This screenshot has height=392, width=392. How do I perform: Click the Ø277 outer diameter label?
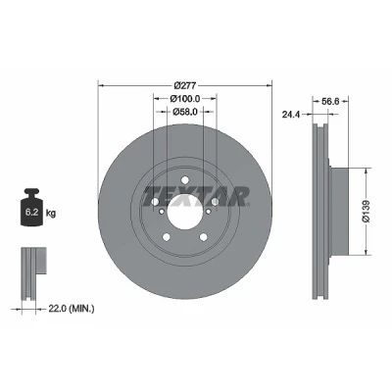coord(185,85)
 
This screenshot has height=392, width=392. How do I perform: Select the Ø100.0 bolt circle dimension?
coord(185,98)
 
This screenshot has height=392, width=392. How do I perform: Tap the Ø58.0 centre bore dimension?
coord(185,112)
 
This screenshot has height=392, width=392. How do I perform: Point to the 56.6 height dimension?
coord(330,101)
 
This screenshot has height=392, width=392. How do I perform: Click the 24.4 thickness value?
coord(291,115)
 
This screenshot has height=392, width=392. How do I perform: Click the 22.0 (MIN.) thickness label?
coord(72,308)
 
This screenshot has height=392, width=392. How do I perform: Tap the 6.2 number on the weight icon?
coord(31,213)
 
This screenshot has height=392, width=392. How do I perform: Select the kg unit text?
coord(51,214)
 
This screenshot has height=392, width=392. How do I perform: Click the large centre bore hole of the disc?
coord(185,212)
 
